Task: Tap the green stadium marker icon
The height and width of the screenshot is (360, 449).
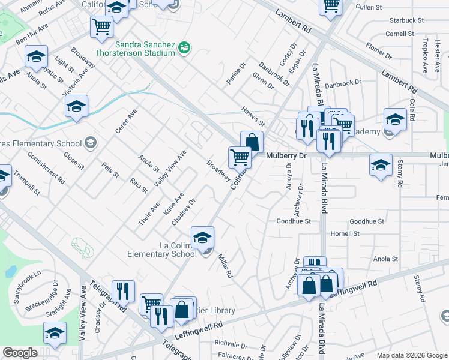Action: (x=185, y=47)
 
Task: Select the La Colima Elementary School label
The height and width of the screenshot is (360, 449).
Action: (x=161, y=250)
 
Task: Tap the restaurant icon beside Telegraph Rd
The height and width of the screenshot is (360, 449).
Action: (x=123, y=292)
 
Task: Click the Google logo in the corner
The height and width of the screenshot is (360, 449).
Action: (x=20, y=353)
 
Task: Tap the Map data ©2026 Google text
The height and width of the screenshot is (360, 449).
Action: (x=411, y=355)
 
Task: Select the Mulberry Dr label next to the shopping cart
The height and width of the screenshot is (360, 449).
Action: (x=286, y=155)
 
